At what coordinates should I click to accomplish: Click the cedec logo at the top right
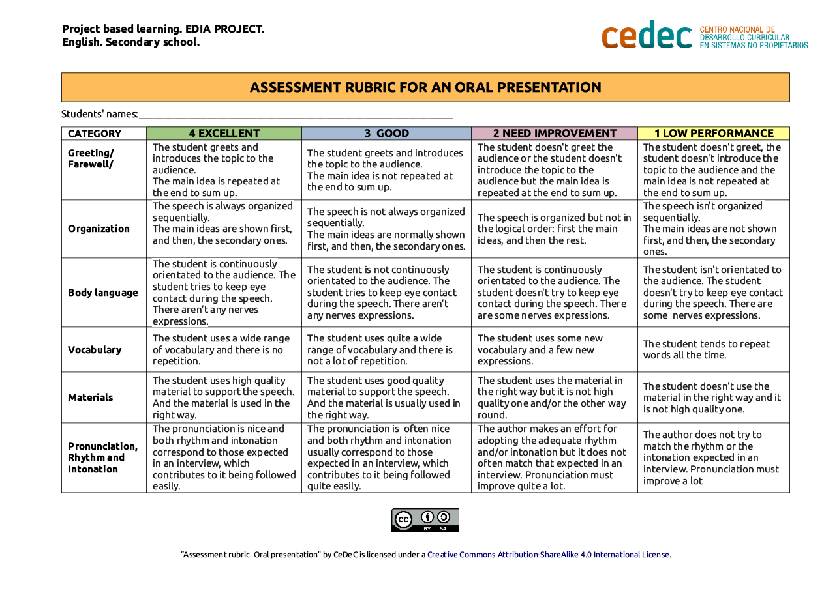coord(704,36)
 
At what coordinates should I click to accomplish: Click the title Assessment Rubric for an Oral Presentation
coord(425,87)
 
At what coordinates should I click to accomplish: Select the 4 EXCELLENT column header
coord(224,134)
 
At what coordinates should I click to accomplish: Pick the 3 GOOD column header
coord(386,134)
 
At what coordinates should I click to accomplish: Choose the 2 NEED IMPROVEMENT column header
coord(555,134)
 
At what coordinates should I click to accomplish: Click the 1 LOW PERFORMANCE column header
coord(714,134)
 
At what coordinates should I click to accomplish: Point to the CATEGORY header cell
coord(95,134)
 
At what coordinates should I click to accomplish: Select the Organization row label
coord(99,229)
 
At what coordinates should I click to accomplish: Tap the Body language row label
coord(103,293)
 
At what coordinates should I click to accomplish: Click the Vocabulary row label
coord(95,350)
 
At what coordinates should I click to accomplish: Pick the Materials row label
coord(91,398)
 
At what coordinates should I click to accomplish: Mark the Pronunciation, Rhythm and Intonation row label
coord(103,457)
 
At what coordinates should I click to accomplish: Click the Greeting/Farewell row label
coord(91,158)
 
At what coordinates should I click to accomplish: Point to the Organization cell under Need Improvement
coord(555,229)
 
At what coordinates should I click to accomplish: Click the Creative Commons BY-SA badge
coord(425,520)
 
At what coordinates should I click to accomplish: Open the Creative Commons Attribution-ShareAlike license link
coord(548,555)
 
